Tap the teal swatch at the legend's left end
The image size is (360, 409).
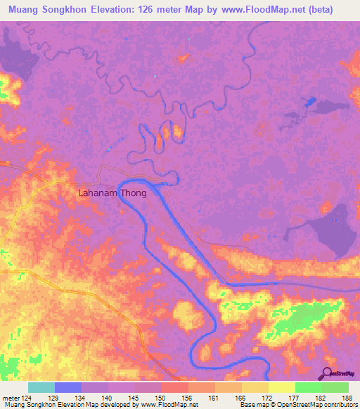pos(41,387)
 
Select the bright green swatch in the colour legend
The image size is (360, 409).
pos(309,387)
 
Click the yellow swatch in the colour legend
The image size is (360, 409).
pos(282,387)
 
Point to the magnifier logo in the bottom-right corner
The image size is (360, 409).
pos(328,374)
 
